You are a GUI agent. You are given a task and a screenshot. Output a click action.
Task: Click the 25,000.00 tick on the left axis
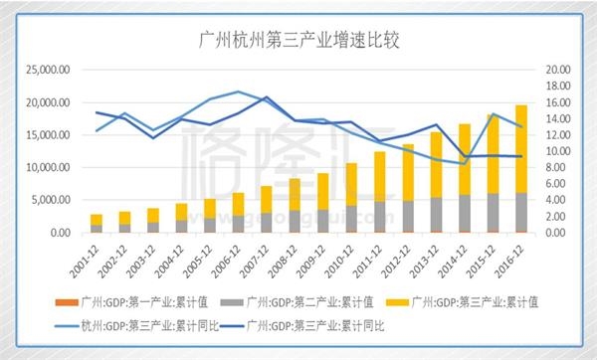click(46, 71)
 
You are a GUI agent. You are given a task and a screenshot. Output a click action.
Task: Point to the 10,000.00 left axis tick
click(46, 168)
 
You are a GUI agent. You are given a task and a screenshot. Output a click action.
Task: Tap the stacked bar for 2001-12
click(97, 224)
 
